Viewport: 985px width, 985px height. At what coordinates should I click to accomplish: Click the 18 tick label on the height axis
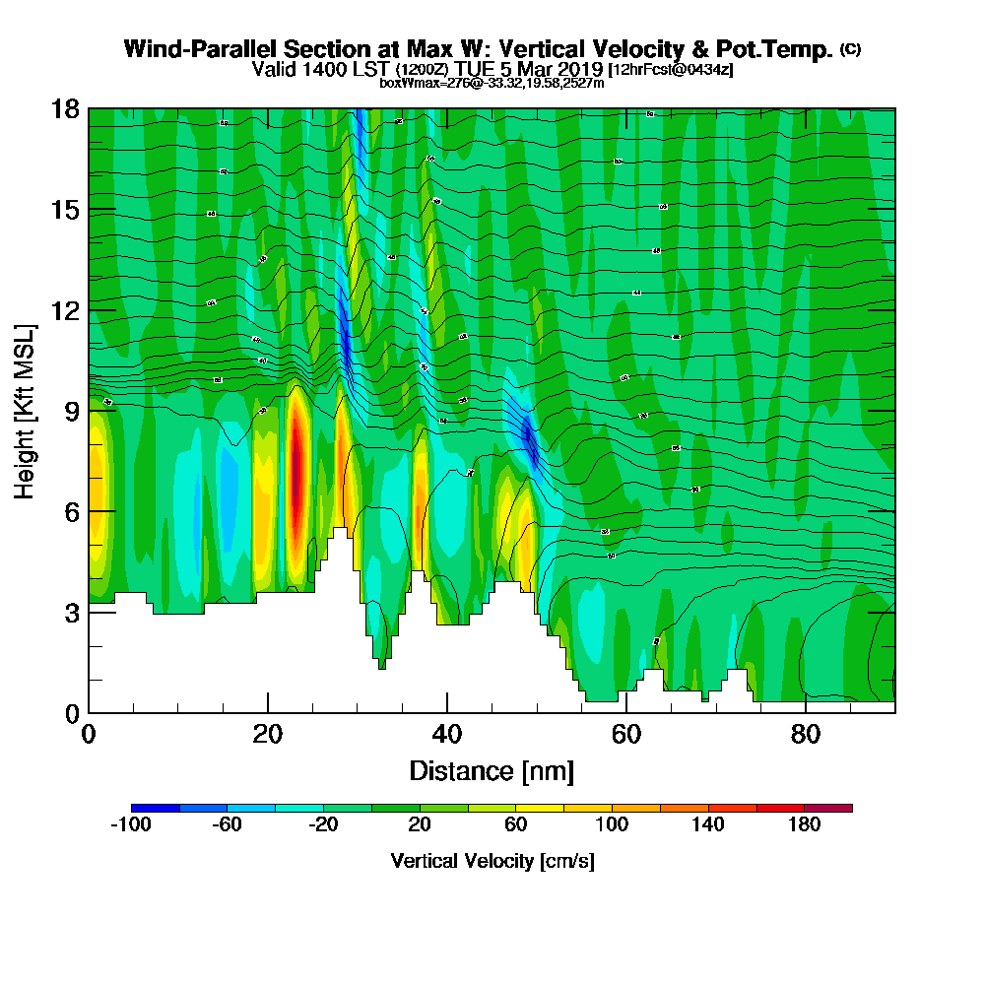click(66, 108)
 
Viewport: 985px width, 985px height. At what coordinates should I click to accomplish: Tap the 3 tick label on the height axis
click(72, 612)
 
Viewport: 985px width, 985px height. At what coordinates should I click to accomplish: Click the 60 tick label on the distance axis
click(626, 734)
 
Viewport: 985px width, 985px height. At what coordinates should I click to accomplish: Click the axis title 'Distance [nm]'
click(492, 770)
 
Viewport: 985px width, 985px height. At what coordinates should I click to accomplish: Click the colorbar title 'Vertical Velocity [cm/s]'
click(492, 861)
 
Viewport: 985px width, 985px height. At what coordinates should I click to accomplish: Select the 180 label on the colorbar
click(805, 825)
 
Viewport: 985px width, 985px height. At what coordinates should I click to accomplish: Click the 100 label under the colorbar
click(612, 825)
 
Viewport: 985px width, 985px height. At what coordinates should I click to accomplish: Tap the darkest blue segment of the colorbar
click(155, 808)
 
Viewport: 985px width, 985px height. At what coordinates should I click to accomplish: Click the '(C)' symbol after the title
click(850, 49)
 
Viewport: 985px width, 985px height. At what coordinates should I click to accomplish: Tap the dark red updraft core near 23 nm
click(296, 473)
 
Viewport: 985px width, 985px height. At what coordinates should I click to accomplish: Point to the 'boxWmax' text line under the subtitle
click(492, 83)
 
